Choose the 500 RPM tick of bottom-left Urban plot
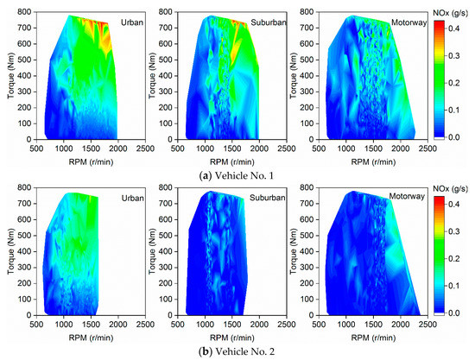(37, 323)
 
